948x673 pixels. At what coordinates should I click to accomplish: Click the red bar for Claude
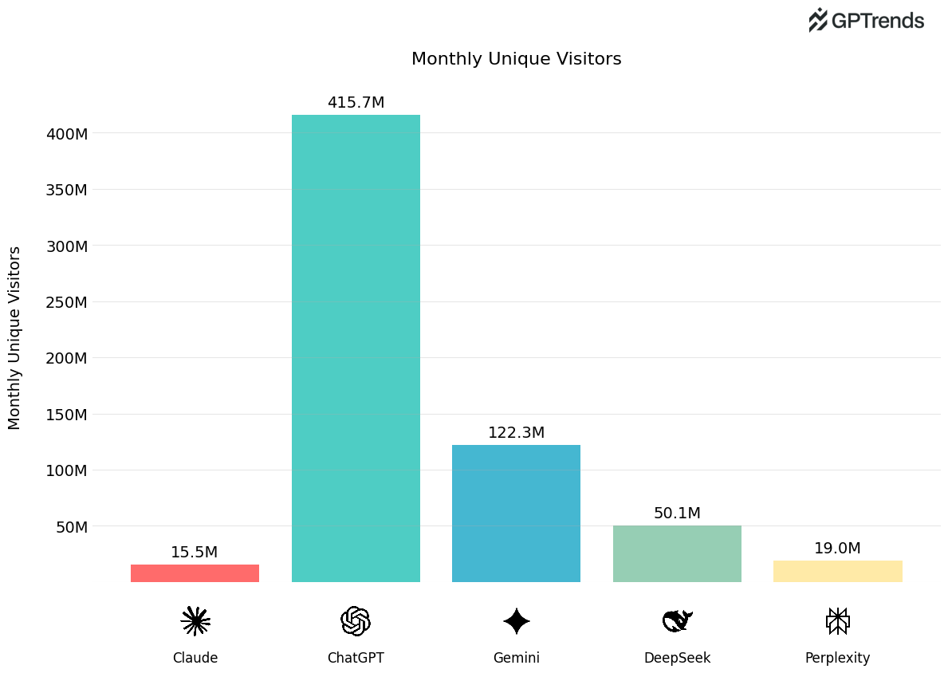coord(195,573)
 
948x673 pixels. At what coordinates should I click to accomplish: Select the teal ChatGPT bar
coord(356,348)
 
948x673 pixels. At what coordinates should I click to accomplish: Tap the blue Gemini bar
coord(516,514)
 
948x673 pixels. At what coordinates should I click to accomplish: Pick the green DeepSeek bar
coord(677,553)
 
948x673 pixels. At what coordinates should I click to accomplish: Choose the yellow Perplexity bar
coord(837,571)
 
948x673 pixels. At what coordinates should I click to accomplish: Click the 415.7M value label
coord(356,103)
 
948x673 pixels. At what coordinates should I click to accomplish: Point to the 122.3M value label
coord(516,433)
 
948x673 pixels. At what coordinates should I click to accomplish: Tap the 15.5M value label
coord(194,553)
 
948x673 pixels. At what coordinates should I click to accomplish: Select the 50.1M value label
coord(677,514)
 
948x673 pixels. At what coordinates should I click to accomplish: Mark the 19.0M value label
coord(837,549)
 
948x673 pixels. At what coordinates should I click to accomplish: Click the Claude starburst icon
coord(195,621)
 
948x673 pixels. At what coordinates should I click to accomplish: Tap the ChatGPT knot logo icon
coord(356,621)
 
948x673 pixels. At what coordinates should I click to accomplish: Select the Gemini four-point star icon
coord(516,621)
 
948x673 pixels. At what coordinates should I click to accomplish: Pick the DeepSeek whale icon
coord(677,620)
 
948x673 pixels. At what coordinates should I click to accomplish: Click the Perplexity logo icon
coord(837,621)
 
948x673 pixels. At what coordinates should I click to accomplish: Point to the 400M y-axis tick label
coord(67,134)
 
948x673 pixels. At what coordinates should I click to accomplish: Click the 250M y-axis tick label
coord(67,302)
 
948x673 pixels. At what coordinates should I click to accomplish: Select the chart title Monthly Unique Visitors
coord(516,59)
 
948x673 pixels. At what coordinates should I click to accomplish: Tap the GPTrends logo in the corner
coord(866,21)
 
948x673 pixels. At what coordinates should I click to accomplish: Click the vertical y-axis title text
coord(15,337)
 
